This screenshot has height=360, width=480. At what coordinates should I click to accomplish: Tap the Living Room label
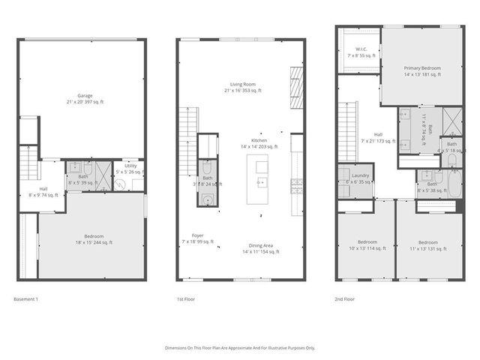coord(241,87)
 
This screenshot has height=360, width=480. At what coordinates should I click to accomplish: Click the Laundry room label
coord(355,178)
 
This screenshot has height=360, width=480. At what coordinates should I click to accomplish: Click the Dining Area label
coord(260,248)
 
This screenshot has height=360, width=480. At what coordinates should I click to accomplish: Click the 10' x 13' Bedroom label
coord(367,245)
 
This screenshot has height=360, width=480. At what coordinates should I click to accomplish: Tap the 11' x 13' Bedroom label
coord(427,245)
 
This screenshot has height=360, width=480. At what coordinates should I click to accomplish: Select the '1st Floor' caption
coord(186,299)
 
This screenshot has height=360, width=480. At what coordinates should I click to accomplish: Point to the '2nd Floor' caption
coord(345,299)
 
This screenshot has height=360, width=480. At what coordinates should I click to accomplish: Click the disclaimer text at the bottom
coord(240,348)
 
